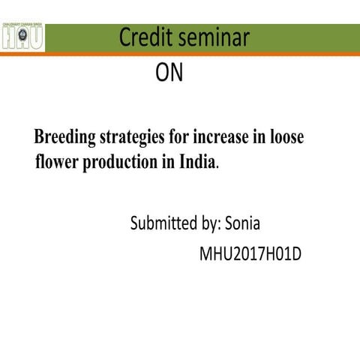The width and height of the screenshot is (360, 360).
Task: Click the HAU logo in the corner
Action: pos(23,37)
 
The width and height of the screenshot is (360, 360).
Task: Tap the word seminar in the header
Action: pos(216,38)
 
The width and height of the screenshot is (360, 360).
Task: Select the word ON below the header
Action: pos(169,73)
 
